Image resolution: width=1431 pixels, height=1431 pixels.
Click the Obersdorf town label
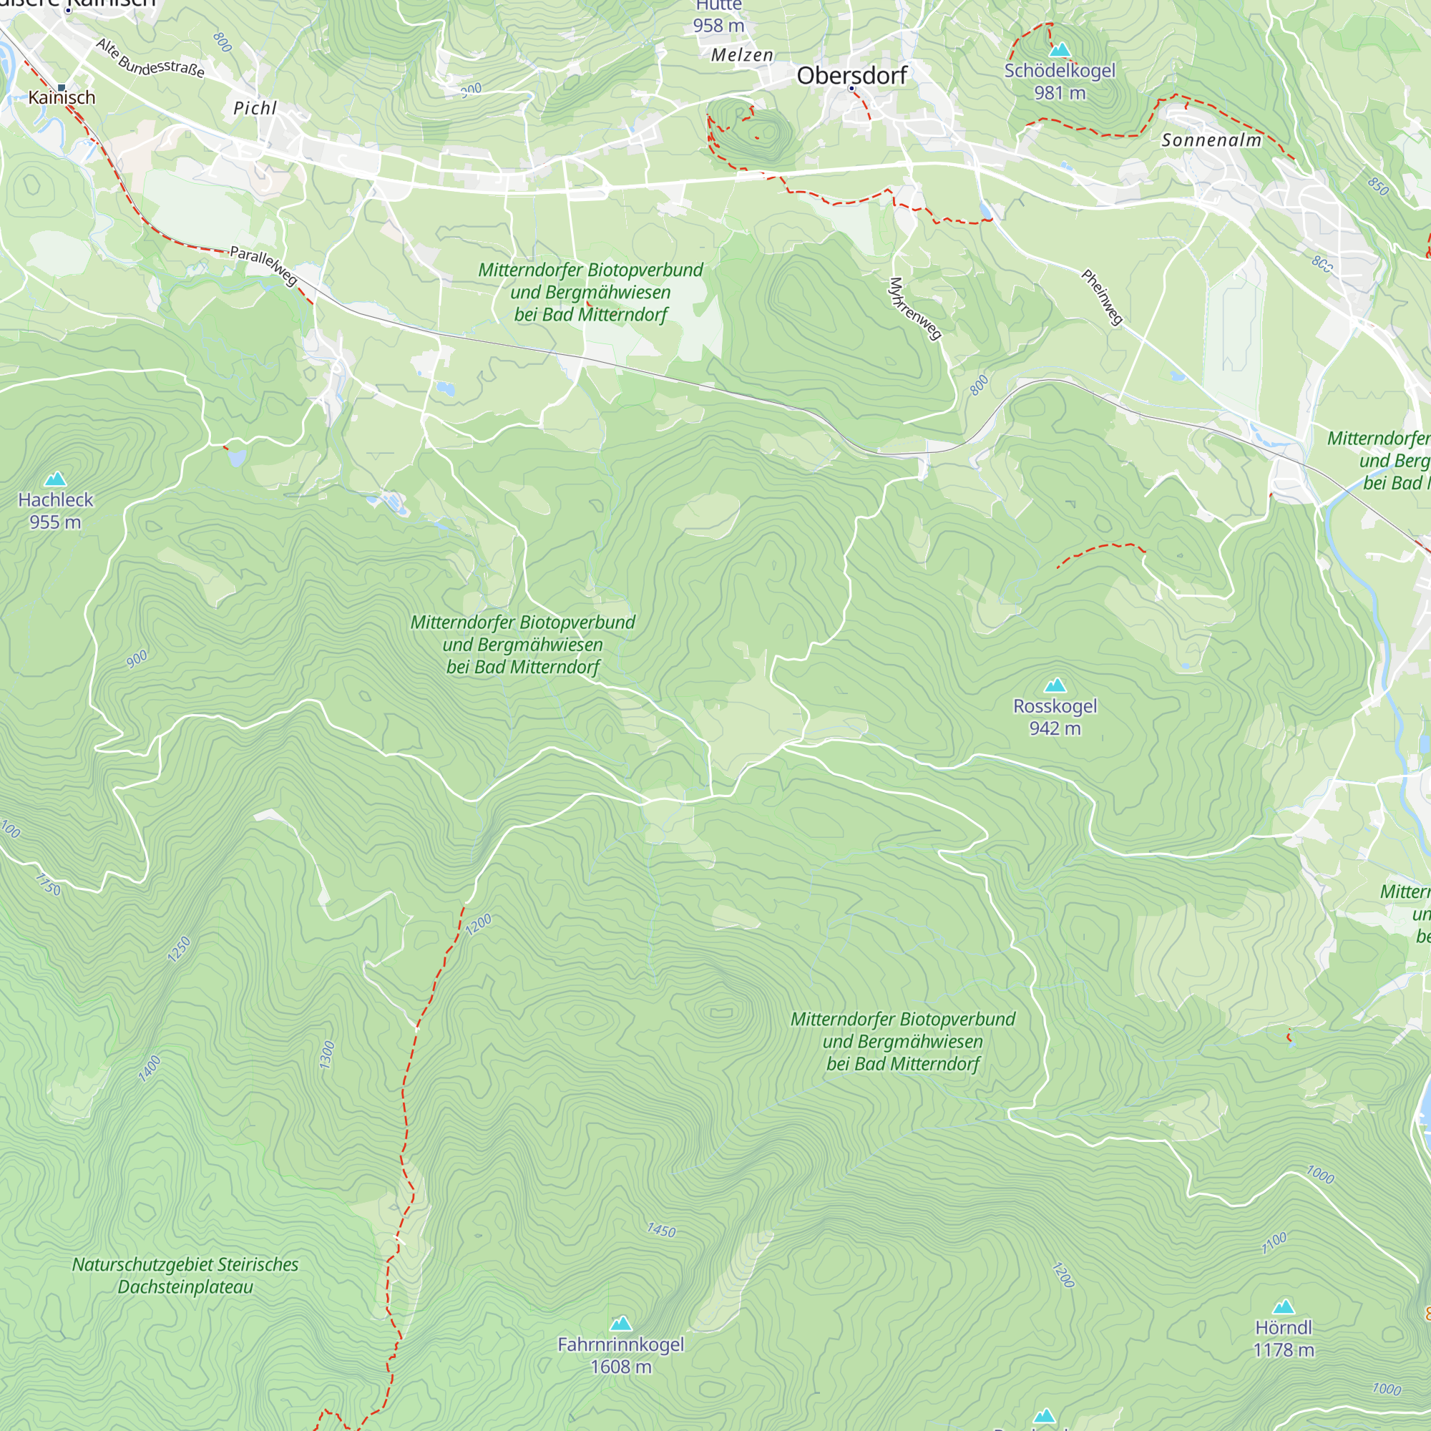coord(851,76)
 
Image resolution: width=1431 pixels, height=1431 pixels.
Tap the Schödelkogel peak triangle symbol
coord(1060,49)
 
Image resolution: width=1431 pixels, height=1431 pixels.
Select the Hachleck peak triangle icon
coord(56,479)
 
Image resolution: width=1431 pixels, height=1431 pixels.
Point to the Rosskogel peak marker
coord(1055,685)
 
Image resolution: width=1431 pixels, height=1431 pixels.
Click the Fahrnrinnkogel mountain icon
coord(620,1324)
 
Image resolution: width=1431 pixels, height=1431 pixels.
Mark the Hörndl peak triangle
coord(1284,1307)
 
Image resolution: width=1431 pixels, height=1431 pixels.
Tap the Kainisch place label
coord(62,98)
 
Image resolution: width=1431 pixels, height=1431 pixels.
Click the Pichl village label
coord(255,108)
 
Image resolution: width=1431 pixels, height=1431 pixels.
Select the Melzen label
coord(742,55)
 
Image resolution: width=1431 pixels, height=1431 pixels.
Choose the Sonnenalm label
coord(1211,140)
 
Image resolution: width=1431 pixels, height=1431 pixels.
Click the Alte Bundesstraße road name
coord(150,59)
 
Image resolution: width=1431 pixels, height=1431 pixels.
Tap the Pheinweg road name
coord(1102,297)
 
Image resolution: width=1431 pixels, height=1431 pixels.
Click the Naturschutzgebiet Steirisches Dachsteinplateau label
coord(185,1276)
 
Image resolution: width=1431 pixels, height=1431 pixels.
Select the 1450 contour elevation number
coord(661,1231)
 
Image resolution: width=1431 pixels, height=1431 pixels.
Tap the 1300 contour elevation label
coord(328,1055)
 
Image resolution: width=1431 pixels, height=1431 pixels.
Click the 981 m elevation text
coord(1060,93)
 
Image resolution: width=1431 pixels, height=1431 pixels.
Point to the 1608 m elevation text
coord(620,1367)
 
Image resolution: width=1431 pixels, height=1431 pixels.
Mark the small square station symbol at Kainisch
coord(62,87)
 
